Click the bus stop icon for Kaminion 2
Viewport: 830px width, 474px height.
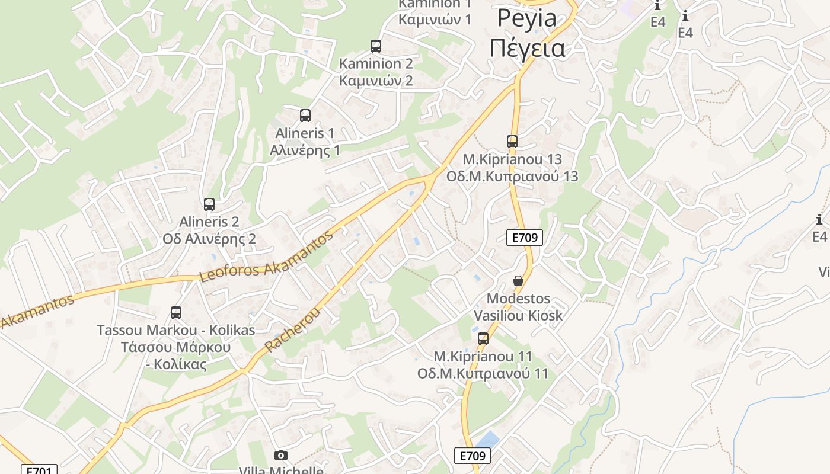[x=376, y=46]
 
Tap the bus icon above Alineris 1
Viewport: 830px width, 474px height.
[x=305, y=116]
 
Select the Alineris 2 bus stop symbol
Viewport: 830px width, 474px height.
[x=209, y=204]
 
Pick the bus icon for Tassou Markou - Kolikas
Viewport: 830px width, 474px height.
[x=176, y=313]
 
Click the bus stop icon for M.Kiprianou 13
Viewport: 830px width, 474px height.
[x=512, y=142]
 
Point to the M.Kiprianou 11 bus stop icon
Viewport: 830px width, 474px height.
[x=483, y=339]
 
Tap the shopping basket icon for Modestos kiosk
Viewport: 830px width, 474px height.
[x=518, y=281]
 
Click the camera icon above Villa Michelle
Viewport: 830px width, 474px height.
[x=281, y=455]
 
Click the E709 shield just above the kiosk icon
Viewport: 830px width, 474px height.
[x=525, y=238]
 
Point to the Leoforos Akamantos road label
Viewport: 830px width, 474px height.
[x=266, y=257]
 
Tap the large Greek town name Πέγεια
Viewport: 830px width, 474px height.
[x=527, y=49]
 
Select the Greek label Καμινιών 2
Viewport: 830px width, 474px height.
[x=376, y=81]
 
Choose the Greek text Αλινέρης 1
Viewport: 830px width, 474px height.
[x=305, y=150]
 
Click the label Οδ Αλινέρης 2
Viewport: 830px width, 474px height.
[x=209, y=239]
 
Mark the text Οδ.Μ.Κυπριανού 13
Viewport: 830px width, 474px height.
[x=512, y=177]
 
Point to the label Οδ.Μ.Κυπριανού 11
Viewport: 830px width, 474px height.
[x=483, y=374]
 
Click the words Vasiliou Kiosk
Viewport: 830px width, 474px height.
[x=518, y=315]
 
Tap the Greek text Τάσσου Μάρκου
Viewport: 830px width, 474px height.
[x=175, y=347]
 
